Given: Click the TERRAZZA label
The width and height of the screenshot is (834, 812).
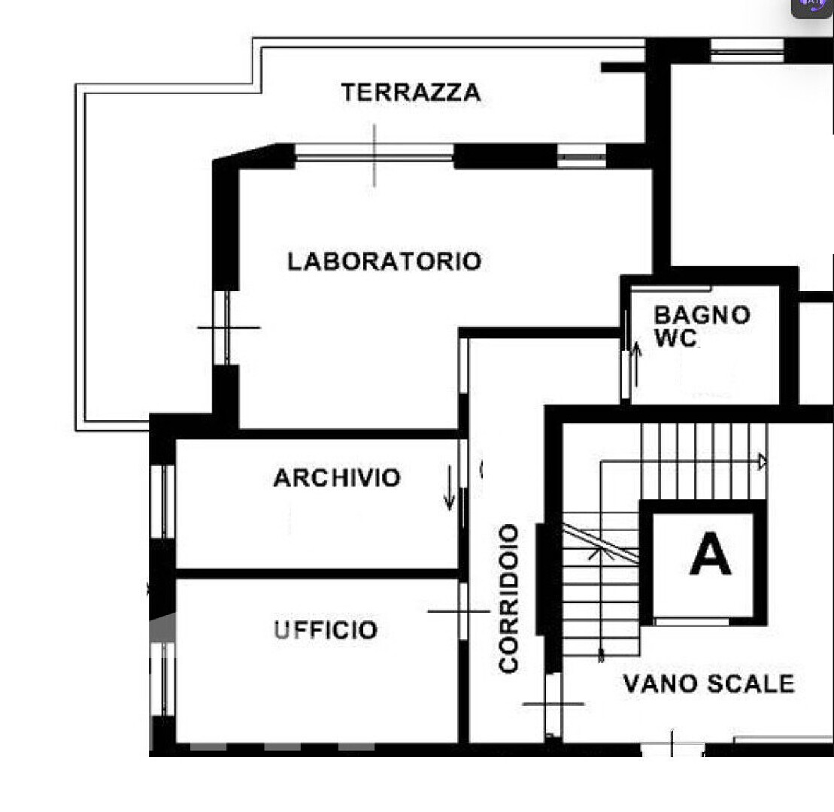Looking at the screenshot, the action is pyautogui.click(x=411, y=92).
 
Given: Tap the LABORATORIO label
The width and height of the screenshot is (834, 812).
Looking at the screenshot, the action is pyautogui.click(x=384, y=261).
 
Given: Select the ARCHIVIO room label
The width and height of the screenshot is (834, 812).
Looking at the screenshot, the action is pyautogui.click(x=337, y=477).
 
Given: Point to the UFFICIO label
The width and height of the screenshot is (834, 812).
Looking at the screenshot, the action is pyautogui.click(x=326, y=629).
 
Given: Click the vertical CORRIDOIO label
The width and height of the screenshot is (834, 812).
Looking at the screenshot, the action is pyautogui.click(x=508, y=598).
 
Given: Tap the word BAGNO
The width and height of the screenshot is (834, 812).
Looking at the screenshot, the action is pyautogui.click(x=702, y=315).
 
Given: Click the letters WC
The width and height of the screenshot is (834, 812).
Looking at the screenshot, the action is pyautogui.click(x=675, y=338).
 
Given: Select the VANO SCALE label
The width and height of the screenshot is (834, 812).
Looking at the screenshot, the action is pyautogui.click(x=708, y=683).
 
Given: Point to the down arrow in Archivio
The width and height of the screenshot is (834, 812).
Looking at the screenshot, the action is pyautogui.click(x=450, y=488).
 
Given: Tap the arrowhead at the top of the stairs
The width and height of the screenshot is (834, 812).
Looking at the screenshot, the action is pyautogui.click(x=763, y=462).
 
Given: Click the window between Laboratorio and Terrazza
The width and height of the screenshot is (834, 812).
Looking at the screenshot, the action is pyautogui.click(x=375, y=156).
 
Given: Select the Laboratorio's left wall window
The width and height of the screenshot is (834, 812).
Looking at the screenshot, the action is pyautogui.click(x=226, y=328).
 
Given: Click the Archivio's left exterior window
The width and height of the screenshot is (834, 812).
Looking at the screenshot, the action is pyautogui.click(x=162, y=502).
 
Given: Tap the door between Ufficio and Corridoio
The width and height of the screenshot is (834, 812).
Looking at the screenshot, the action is pyautogui.click(x=463, y=611).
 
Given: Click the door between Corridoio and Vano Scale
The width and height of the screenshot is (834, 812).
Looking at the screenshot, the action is pyautogui.click(x=553, y=704).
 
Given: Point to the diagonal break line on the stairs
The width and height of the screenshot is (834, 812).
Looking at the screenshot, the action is pyautogui.click(x=601, y=544).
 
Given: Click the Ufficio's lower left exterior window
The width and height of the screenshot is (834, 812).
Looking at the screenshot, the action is pyautogui.click(x=162, y=679).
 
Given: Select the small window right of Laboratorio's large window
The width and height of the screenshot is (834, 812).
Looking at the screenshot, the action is pyautogui.click(x=582, y=157).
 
